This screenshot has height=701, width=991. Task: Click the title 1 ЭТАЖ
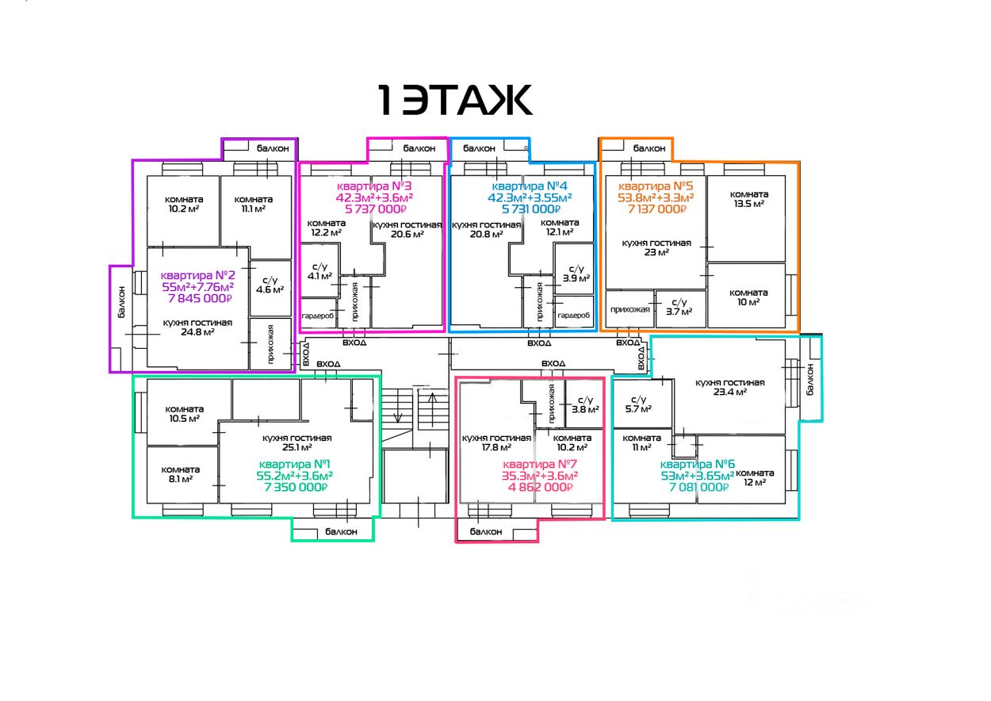[x=455, y=100]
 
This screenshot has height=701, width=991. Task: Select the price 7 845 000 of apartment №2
[x=200, y=299]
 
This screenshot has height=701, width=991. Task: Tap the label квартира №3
[x=374, y=186]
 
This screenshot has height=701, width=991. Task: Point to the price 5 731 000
[x=531, y=209]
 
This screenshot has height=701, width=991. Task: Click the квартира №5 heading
[x=656, y=186]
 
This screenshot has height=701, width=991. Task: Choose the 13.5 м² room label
[x=749, y=199]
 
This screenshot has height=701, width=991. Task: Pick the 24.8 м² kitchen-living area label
[x=197, y=328]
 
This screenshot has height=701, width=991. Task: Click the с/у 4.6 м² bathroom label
[x=270, y=285]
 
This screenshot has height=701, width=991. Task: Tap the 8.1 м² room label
[x=181, y=474]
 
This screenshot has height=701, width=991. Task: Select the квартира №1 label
[x=295, y=464]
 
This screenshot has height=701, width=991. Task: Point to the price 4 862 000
[x=540, y=487]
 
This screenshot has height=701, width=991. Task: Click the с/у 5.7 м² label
[x=638, y=404]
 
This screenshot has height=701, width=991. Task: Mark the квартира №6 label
[x=698, y=464]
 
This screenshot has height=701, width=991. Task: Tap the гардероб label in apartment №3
[x=318, y=316]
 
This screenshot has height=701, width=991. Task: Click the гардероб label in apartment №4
[x=574, y=315]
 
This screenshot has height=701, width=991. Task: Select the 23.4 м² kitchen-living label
[x=730, y=387]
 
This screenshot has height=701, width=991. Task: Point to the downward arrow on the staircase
[x=398, y=406]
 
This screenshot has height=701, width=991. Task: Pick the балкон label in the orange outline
[x=649, y=148]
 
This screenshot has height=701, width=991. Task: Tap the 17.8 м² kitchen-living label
[x=496, y=442]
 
